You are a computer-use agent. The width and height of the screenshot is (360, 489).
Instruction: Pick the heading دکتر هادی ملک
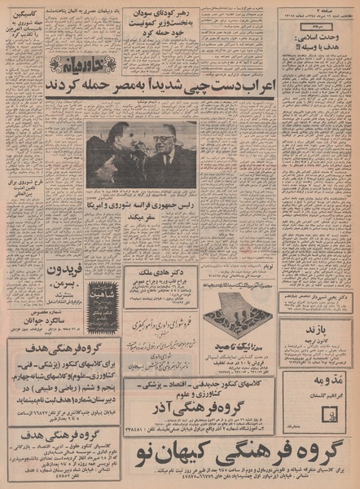click(162, 274)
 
